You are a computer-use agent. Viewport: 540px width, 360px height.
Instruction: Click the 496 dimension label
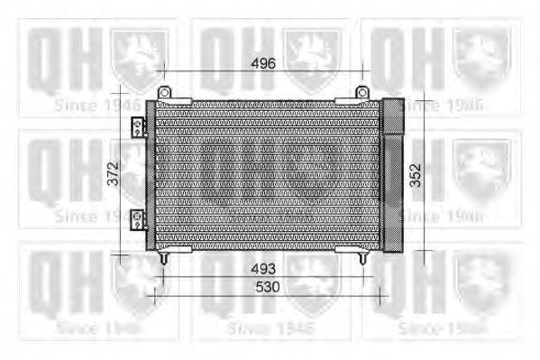point(262,62)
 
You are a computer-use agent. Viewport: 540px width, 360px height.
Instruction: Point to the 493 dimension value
point(263,269)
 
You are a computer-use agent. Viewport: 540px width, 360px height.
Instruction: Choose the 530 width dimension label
point(268,287)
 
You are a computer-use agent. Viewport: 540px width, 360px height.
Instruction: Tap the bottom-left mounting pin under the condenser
point(164,258)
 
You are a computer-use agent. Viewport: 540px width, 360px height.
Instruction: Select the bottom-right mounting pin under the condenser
point(362,258)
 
